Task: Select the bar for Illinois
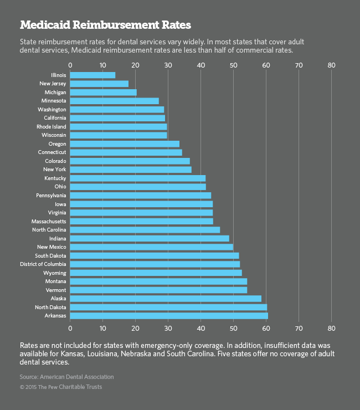tap(93, 75)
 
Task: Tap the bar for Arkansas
tap(169, 316)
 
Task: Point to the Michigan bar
tap(104, 92)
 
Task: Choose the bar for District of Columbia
tap(155, 264)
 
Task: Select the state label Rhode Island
tap(52, 126)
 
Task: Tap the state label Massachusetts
tap(49, 221)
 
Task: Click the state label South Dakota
tap(50, 255)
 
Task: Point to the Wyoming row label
tap(55, 273)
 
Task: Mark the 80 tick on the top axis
tap(332, 65)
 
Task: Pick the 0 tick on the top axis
tap(70, 65)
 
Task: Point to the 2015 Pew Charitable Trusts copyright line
tap(61, 387)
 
